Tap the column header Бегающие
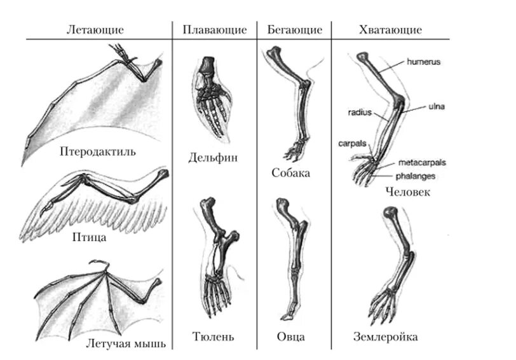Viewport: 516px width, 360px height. (x=295, y=30)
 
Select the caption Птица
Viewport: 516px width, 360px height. (x=89, y=239)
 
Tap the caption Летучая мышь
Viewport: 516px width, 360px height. (x=125, y=344)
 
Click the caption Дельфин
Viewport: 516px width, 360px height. (x=213, y=158)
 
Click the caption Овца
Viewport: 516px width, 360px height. (x=290, y=336)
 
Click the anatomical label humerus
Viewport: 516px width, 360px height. (x=423, y=62)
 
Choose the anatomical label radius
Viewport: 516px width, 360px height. (x=359, y=112)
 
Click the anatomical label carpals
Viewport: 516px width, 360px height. (x=351, y=144)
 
